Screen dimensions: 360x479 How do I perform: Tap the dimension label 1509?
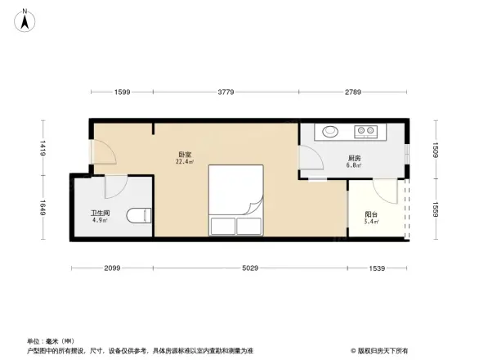[436, 150]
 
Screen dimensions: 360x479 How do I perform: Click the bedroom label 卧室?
[185, 154]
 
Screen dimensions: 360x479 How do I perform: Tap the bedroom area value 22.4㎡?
[185, 162]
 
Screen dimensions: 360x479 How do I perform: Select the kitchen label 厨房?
[354, 158]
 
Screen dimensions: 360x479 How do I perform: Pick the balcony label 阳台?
[371, 214]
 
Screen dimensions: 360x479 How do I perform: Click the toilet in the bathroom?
[144, 215]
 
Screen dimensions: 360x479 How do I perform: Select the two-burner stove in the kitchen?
[365, 130]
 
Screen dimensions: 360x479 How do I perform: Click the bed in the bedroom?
[235, 200]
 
